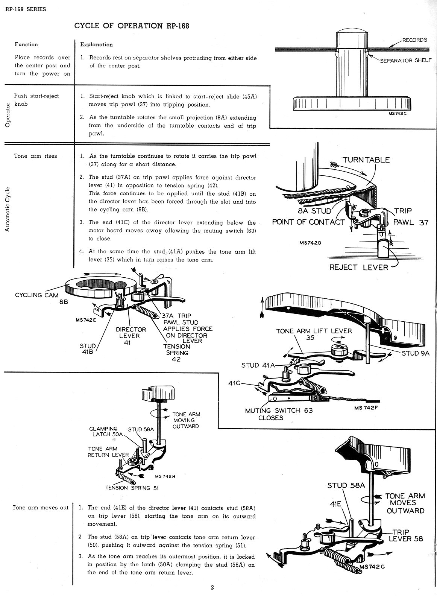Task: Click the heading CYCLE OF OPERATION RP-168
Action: click(132, 26)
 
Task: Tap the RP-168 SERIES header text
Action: click(26, 9)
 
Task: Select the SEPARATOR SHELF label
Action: click(405, 60)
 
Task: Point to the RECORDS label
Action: click(414, 40)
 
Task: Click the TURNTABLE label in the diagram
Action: click(366, 160)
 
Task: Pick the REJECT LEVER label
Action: click(358, 267)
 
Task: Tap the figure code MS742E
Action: click(86, 320)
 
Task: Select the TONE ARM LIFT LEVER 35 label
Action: click(314, 334)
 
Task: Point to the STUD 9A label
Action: click(415, 353)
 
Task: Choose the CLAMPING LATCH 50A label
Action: click(106, 431)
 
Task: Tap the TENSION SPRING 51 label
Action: click(132, 488)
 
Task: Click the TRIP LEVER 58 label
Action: click(406, 535)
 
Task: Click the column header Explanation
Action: click(96, 44)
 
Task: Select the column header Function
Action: click(26, 44)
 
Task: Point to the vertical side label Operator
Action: click(8, 115)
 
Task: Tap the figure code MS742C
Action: click(398, 114)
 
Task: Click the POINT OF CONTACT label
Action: click(308, 222)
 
